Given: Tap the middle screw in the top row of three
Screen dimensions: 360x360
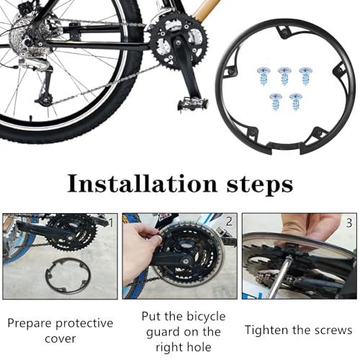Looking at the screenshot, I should (x=284, y=75).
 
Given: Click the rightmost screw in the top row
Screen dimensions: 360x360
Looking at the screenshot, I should (x=305, y=75).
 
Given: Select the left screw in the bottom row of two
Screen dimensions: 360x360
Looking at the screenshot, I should (x=274, y=101).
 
